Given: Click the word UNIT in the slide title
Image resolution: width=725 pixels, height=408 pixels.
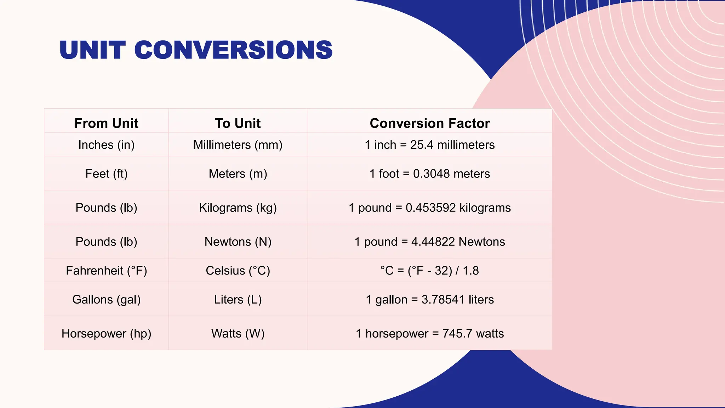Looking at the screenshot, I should point(92,50).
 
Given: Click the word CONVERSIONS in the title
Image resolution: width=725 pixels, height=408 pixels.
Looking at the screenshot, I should point(233,50).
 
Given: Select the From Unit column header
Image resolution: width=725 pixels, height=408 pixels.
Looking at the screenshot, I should point(106,123).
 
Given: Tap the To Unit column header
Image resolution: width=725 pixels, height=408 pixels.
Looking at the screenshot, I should point(238,123).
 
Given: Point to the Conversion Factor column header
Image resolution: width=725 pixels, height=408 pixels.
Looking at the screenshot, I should point(430,123).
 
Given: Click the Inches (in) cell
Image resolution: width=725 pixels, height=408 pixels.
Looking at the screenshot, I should point(106,145).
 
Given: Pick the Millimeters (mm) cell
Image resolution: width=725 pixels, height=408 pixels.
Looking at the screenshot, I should point(238,145).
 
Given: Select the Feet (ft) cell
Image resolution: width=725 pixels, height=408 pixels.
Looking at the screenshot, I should point(106,174).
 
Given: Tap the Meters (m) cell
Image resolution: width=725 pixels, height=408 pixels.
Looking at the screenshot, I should point(238,174).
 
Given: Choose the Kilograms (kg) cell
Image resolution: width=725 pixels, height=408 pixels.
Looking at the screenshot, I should point(238,208).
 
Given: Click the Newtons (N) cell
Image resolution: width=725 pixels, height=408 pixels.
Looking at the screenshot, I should point(238,242).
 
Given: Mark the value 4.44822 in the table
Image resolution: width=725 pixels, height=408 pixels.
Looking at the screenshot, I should point(433,242).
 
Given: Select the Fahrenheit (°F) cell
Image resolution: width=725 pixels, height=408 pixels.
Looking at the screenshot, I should point(106,271).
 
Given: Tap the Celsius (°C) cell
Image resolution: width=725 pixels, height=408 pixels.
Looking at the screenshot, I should point(238,271).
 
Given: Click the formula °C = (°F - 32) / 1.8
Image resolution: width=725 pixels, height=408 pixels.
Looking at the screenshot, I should point(430,271).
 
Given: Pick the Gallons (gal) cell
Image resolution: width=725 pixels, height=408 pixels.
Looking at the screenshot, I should point(106,300).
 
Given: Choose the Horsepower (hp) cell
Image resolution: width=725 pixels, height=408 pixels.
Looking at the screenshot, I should point(106,334).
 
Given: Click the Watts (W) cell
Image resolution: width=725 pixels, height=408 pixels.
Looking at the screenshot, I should point(238,334).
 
